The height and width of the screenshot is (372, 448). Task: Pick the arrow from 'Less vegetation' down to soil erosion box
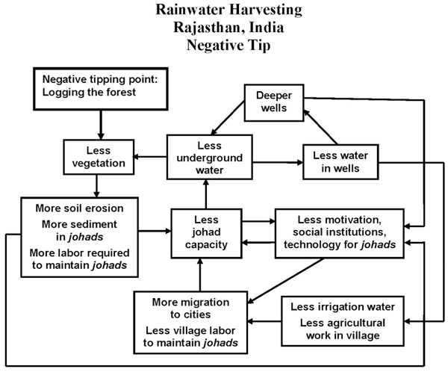tap(97, 184)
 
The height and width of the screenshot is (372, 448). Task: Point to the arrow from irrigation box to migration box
tap(264, 321)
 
